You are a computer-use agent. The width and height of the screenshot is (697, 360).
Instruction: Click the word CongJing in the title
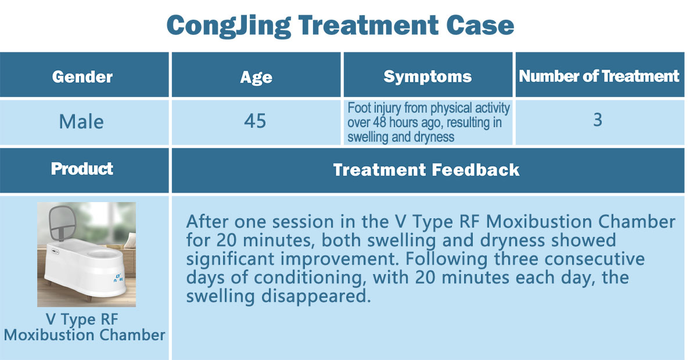(229, 26)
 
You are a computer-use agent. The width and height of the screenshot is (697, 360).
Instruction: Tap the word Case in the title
(480, 25)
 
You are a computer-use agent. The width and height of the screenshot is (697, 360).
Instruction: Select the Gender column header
(82, 77)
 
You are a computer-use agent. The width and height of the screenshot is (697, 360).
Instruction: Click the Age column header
(256, 77)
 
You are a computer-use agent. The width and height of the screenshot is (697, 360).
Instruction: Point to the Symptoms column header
(427, 77)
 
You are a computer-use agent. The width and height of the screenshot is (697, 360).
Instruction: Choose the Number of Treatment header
(599, 76)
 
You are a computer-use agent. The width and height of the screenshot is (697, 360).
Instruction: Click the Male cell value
(81, 121)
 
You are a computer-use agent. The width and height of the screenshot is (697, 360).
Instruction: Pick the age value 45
(255, 121)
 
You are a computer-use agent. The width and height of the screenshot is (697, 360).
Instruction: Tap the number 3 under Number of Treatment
(598, 120)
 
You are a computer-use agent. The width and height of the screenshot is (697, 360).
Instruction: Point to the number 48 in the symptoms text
(379, 123)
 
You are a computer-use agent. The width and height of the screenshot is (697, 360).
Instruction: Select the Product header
(82, 168)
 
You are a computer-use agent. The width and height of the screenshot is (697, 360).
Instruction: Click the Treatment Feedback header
(426, 170)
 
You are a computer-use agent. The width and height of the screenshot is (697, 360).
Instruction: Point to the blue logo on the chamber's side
(119, 278)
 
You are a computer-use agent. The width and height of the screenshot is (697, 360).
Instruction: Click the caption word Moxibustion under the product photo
(49, 335)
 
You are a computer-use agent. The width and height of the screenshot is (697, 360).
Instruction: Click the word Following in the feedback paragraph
(447, 259)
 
